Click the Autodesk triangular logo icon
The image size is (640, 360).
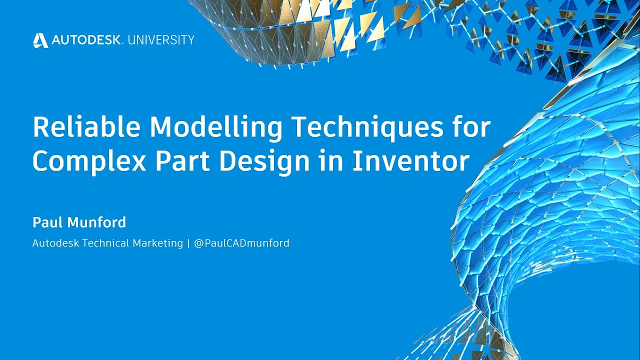[x=40, y=40]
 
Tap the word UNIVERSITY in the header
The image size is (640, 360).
[x=160, y=40]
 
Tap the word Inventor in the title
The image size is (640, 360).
[x=411, y=161]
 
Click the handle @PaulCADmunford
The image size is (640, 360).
[x=241, y=243]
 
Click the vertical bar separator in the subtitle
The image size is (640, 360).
[x=188, y=243]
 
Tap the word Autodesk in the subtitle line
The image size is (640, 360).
[x=55, y=243]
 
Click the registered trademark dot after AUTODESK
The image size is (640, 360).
[x=122, y=43]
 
